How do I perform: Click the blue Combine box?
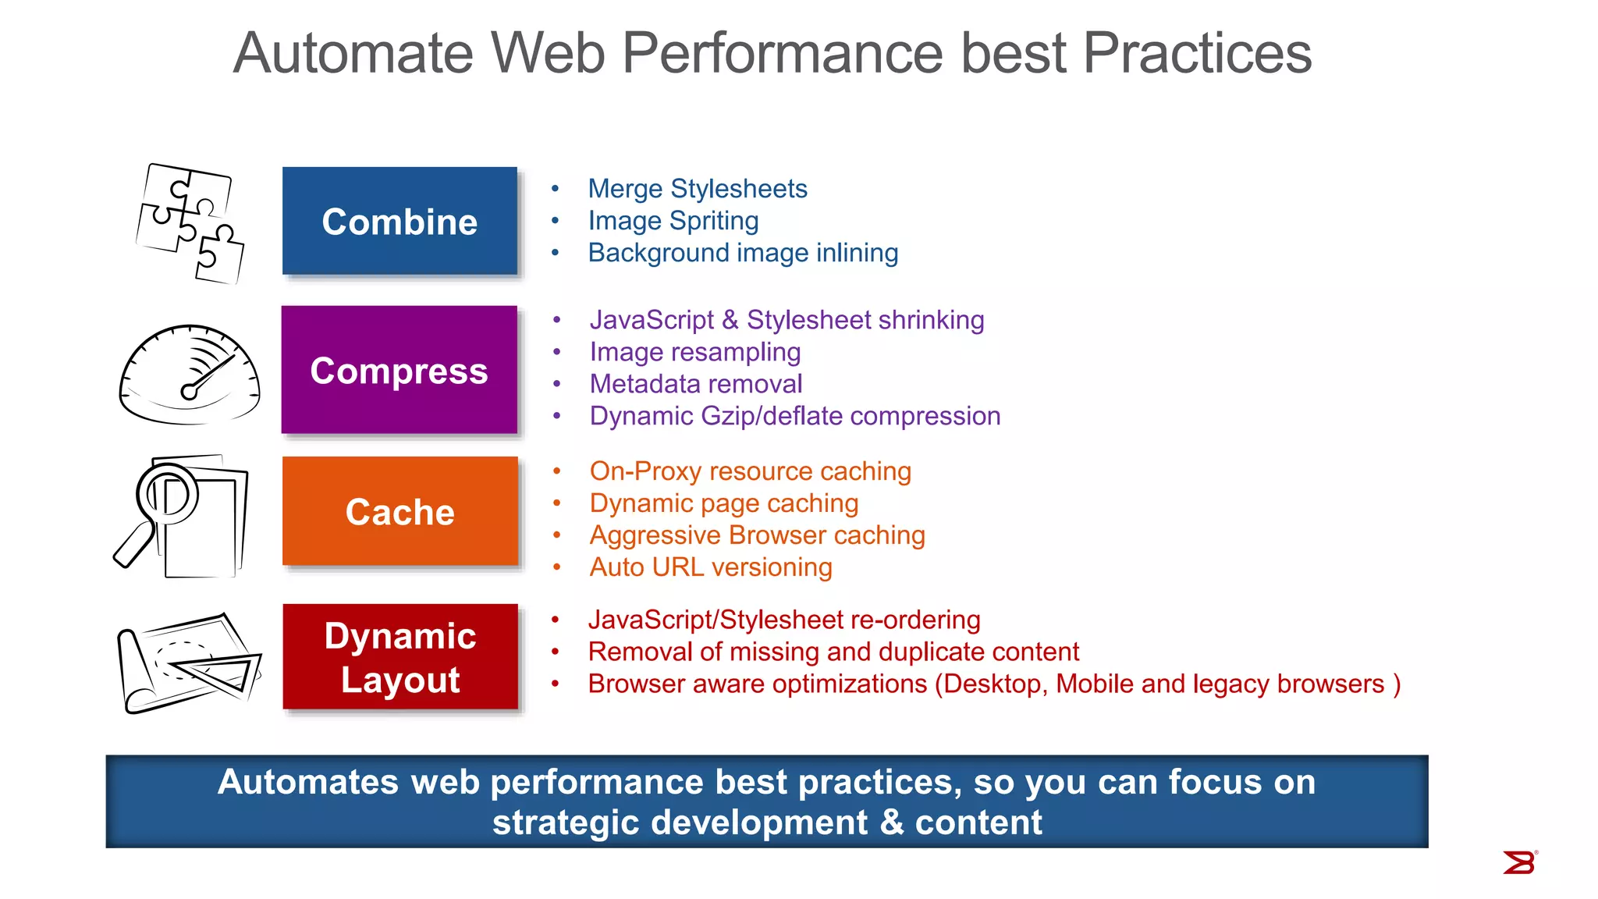coord(399,221)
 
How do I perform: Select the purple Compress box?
coord(399,370)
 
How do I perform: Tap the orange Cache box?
coord(399,512)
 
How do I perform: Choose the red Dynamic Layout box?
coord(399,657)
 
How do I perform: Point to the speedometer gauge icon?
coord(190,375)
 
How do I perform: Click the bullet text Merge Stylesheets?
coord(697,189)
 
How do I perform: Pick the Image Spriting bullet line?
coord(673,221)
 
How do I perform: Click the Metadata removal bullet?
coord(695,384)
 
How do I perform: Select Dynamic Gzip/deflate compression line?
coord(794,416)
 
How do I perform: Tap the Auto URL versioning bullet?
coord(710,567)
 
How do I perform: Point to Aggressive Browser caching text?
coord(757,535)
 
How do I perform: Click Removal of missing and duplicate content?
coord(833,652)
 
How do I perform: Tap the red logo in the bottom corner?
coord(1519,862)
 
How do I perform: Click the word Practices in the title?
coord(1197,53)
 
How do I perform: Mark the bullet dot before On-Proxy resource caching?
coord(557,471)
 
